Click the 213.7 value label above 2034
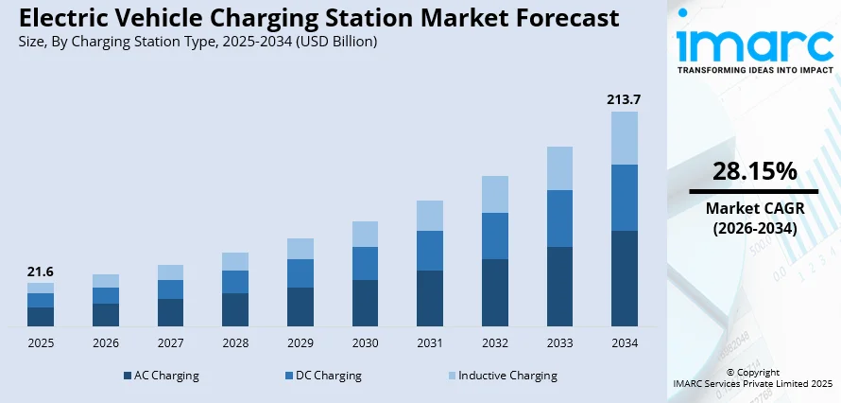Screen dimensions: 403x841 pos(624,99)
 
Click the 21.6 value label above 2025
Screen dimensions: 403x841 pos(41,272)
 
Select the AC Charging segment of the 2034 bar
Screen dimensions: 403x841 pos(625,279)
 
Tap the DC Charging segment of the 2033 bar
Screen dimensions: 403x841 pos(559,219)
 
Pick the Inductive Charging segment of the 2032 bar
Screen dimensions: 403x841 pos(494,194)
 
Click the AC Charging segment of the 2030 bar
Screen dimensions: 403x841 pos(365,303)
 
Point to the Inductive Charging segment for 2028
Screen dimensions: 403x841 pos(235,261)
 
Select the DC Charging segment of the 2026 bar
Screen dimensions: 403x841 pos(106,295)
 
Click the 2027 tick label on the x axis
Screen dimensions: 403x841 pos(170,342)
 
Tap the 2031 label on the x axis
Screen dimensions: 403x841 pos(430,342)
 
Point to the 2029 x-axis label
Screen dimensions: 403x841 pos(300,342)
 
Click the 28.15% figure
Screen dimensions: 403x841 pos(753,171)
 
